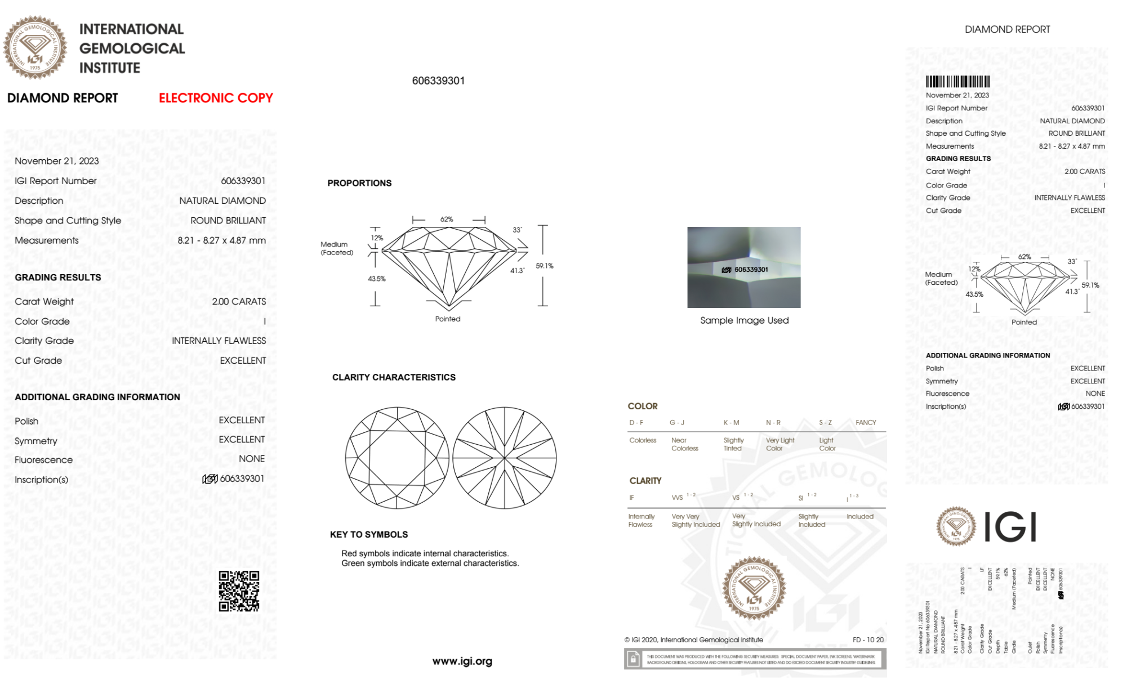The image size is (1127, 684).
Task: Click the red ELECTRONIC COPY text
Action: click(216, 98)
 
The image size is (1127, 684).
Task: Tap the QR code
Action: click(239, 591)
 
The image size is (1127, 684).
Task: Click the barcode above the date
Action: click(957, 82)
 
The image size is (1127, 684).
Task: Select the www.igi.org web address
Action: click(462, 661)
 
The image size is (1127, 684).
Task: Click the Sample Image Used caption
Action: click(744, 320)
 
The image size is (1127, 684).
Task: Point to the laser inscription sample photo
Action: click(743, 267)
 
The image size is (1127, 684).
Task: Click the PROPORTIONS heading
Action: click(359, 183)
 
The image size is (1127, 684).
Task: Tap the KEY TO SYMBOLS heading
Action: click(369, 534)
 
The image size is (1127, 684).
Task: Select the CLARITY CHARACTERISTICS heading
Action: click(394, 377)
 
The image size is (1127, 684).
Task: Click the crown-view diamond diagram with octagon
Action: click(397, 458)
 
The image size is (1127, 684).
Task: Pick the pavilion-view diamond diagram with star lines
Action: click(505, 458)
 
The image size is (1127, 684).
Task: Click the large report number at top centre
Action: click(438, 81)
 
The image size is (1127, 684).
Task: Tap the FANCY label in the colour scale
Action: click(866, 422)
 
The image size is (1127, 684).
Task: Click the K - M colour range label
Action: click(731, 422)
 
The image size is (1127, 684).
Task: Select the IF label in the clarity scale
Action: click(631, 498)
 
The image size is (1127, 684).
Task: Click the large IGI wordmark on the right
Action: click(1010, 527)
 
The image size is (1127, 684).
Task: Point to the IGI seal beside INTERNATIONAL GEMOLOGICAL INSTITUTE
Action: click(35, 47)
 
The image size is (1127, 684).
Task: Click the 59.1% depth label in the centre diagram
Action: click(545, 266)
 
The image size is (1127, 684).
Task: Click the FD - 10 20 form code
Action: click(868, 640)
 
